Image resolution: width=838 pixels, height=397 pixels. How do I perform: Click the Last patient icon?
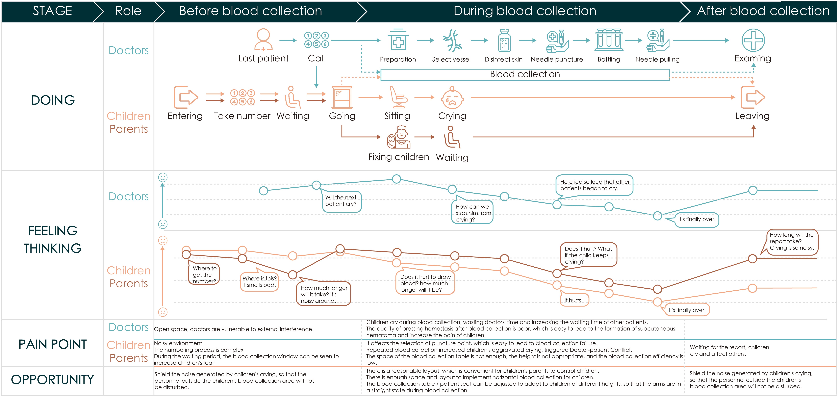pyautogui.click(x=263, y=40)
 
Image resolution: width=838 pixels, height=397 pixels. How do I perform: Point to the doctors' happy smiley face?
pyautogui.click(x=163, y=177)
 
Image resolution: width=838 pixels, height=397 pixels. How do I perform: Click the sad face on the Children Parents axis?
pyautogui.click(x=163, y=312)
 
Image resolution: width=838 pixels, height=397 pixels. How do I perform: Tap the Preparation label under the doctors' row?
pyautogui.click(x=398, y=59)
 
